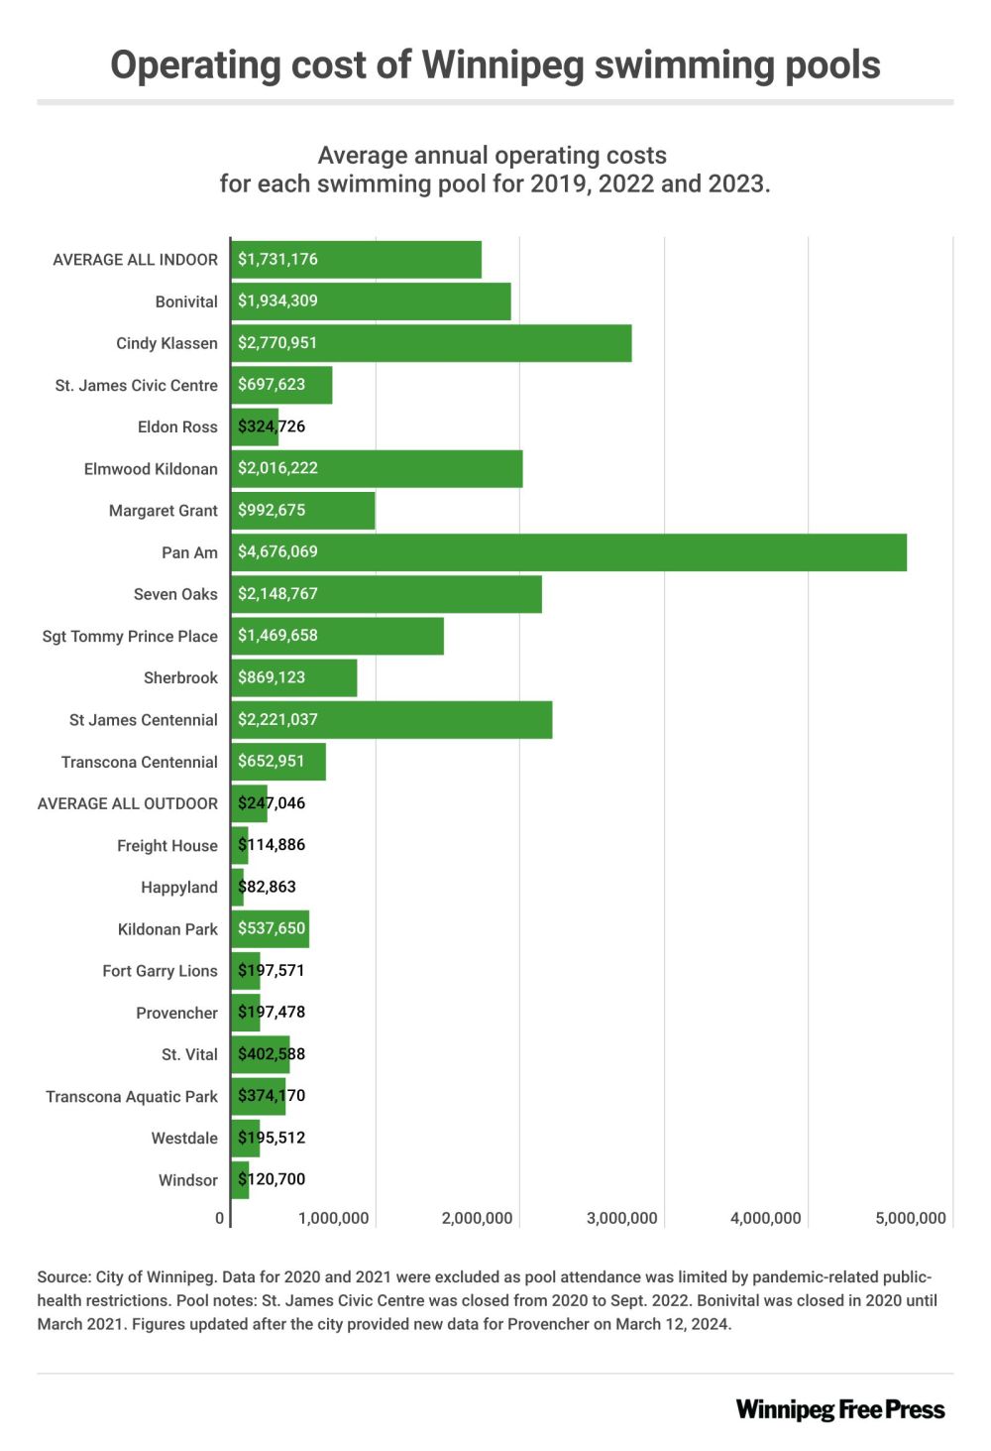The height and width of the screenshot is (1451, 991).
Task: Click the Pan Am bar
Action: coord(569,552)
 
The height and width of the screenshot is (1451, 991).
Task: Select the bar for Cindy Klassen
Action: coord(431,343)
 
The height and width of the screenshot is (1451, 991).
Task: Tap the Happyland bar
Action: coord(238,888)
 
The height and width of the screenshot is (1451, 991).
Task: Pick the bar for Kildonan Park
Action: coord(270,929)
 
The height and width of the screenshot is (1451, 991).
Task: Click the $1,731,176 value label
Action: coord(277,260)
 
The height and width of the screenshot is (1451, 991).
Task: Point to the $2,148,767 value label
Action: coord(277,594)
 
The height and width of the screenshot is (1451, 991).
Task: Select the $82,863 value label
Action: coord(268,888)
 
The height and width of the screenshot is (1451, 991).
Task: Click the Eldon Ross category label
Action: coord(177,427)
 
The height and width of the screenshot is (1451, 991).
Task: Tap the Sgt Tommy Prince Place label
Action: coord(130,637)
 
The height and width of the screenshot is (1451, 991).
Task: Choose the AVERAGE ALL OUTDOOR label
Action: coord(127,804)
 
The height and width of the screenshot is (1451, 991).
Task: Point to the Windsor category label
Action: coord(187,1180)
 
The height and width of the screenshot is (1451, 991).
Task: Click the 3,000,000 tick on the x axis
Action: coord(621,1219)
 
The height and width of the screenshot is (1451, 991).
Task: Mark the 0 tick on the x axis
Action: coord(220,1219)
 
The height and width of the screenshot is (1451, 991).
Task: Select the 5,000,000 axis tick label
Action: coord(910,1219)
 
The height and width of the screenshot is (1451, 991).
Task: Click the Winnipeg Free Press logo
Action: coord(839,1409)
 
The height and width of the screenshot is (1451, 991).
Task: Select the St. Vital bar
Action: coord(261,1054)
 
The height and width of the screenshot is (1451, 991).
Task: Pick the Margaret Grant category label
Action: coord(163,511)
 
